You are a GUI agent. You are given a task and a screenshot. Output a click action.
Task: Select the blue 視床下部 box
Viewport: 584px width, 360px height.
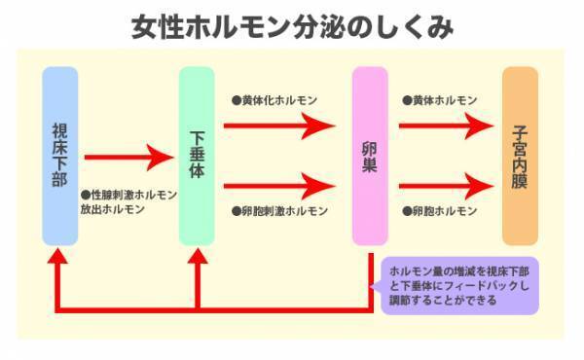pos(59,155)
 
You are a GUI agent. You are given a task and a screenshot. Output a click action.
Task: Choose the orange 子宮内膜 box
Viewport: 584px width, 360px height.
pos(520,155)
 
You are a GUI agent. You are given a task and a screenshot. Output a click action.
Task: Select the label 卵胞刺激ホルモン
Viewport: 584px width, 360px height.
pos(279,210)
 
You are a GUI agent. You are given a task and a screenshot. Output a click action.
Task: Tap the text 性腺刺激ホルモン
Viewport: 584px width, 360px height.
pos(128,195)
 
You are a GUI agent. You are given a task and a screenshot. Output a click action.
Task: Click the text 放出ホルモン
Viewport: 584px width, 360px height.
pos(112,209)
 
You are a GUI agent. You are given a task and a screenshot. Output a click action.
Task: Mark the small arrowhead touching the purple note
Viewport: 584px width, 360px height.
pos(378,286)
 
